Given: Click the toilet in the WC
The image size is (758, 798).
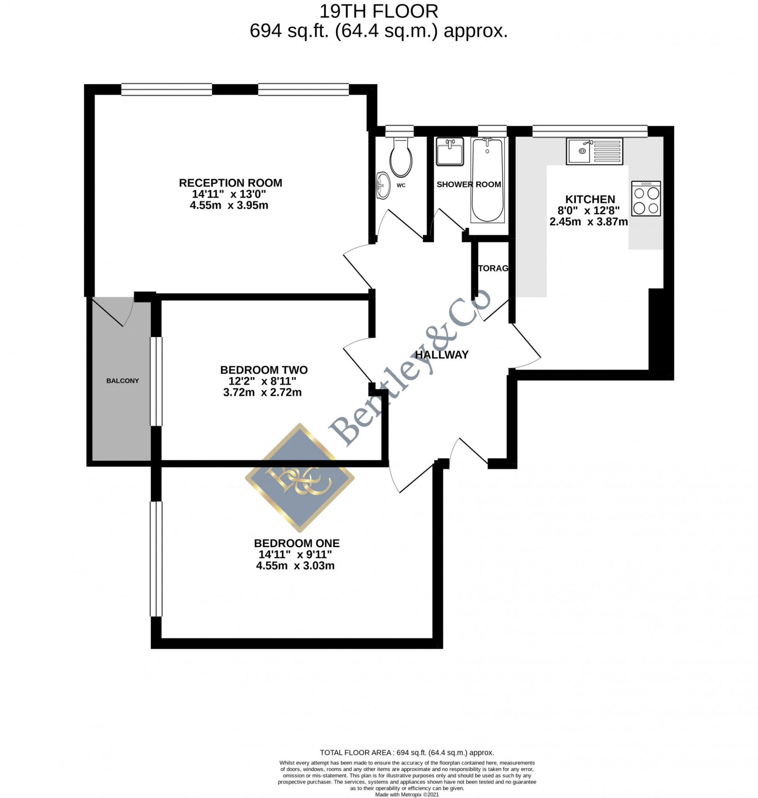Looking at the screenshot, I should coord(400,158).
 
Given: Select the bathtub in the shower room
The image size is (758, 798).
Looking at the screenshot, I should coord(487,180).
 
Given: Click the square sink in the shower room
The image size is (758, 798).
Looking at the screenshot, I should coord(450,152).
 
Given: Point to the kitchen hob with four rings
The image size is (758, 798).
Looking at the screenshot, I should coord(646,198).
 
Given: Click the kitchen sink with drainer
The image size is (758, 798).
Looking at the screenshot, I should coord(594,151).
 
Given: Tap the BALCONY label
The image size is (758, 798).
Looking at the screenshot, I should coord(122,380).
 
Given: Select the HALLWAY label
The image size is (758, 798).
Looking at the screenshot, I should coord(442,355).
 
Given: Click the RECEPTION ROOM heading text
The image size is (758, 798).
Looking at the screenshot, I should coord(230,183).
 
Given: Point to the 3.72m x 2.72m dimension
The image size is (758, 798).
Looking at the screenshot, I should coord(262,392).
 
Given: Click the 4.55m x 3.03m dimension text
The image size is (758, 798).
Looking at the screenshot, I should coord(295,565).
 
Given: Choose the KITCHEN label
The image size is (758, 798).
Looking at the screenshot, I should coord(590,199).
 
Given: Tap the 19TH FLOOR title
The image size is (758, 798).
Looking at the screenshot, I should coord(379,11).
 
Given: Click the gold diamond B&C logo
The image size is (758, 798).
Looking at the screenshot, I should coord(300,478).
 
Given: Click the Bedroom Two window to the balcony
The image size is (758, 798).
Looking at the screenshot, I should coord(156,381).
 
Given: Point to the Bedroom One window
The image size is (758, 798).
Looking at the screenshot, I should coord(156,559).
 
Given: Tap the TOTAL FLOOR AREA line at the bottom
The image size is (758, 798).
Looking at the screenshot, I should coord(407,752).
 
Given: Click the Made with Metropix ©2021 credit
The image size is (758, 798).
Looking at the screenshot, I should coord(407,794).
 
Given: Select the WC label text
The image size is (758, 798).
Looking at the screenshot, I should coord(401,185).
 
